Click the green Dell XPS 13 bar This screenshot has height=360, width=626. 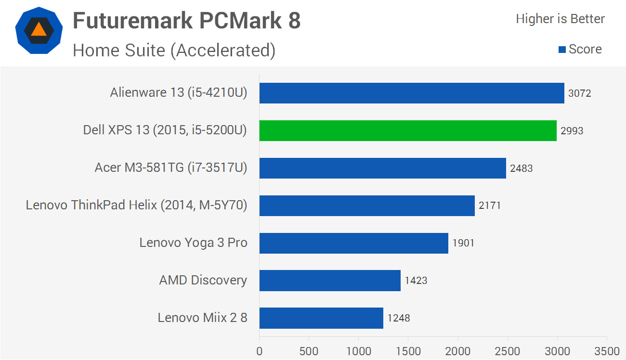pyautogui.click(x=408, y=130)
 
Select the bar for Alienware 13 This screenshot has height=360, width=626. pyautogui.click(x=412, y=93)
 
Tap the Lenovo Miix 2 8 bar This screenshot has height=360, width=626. pyautogui.click(x=321, y=318)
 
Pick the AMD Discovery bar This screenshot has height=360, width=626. pyautogui.click(x=330, y=281)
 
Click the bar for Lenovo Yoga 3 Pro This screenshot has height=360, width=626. pyautogui.click(x=353, y=243)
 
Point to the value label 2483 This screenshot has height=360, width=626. pyautogui.click(x=522, y=168)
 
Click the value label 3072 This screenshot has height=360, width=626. pyautogui.click(x=579, y=93)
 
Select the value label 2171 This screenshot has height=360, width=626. pyautogui.click(x=490, y=206)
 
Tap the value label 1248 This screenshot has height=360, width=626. pyautogui.click(x=399, y=318)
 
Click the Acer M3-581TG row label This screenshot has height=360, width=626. pyautogui.click(x=171, y=168)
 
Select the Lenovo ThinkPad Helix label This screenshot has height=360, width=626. pyautogui.click(x=136, y=206)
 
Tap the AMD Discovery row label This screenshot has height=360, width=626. pyautogui.click(x=203, y=281)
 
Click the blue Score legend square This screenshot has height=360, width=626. pyautogui.click(x=561, y=50)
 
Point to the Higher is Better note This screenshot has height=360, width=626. pyautogui.click(x=560, y=19)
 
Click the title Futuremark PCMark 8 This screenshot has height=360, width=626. pyautogui.click(x=186, y=21)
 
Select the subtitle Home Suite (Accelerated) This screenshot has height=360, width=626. pyautogui.click(x=174, y=50)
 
